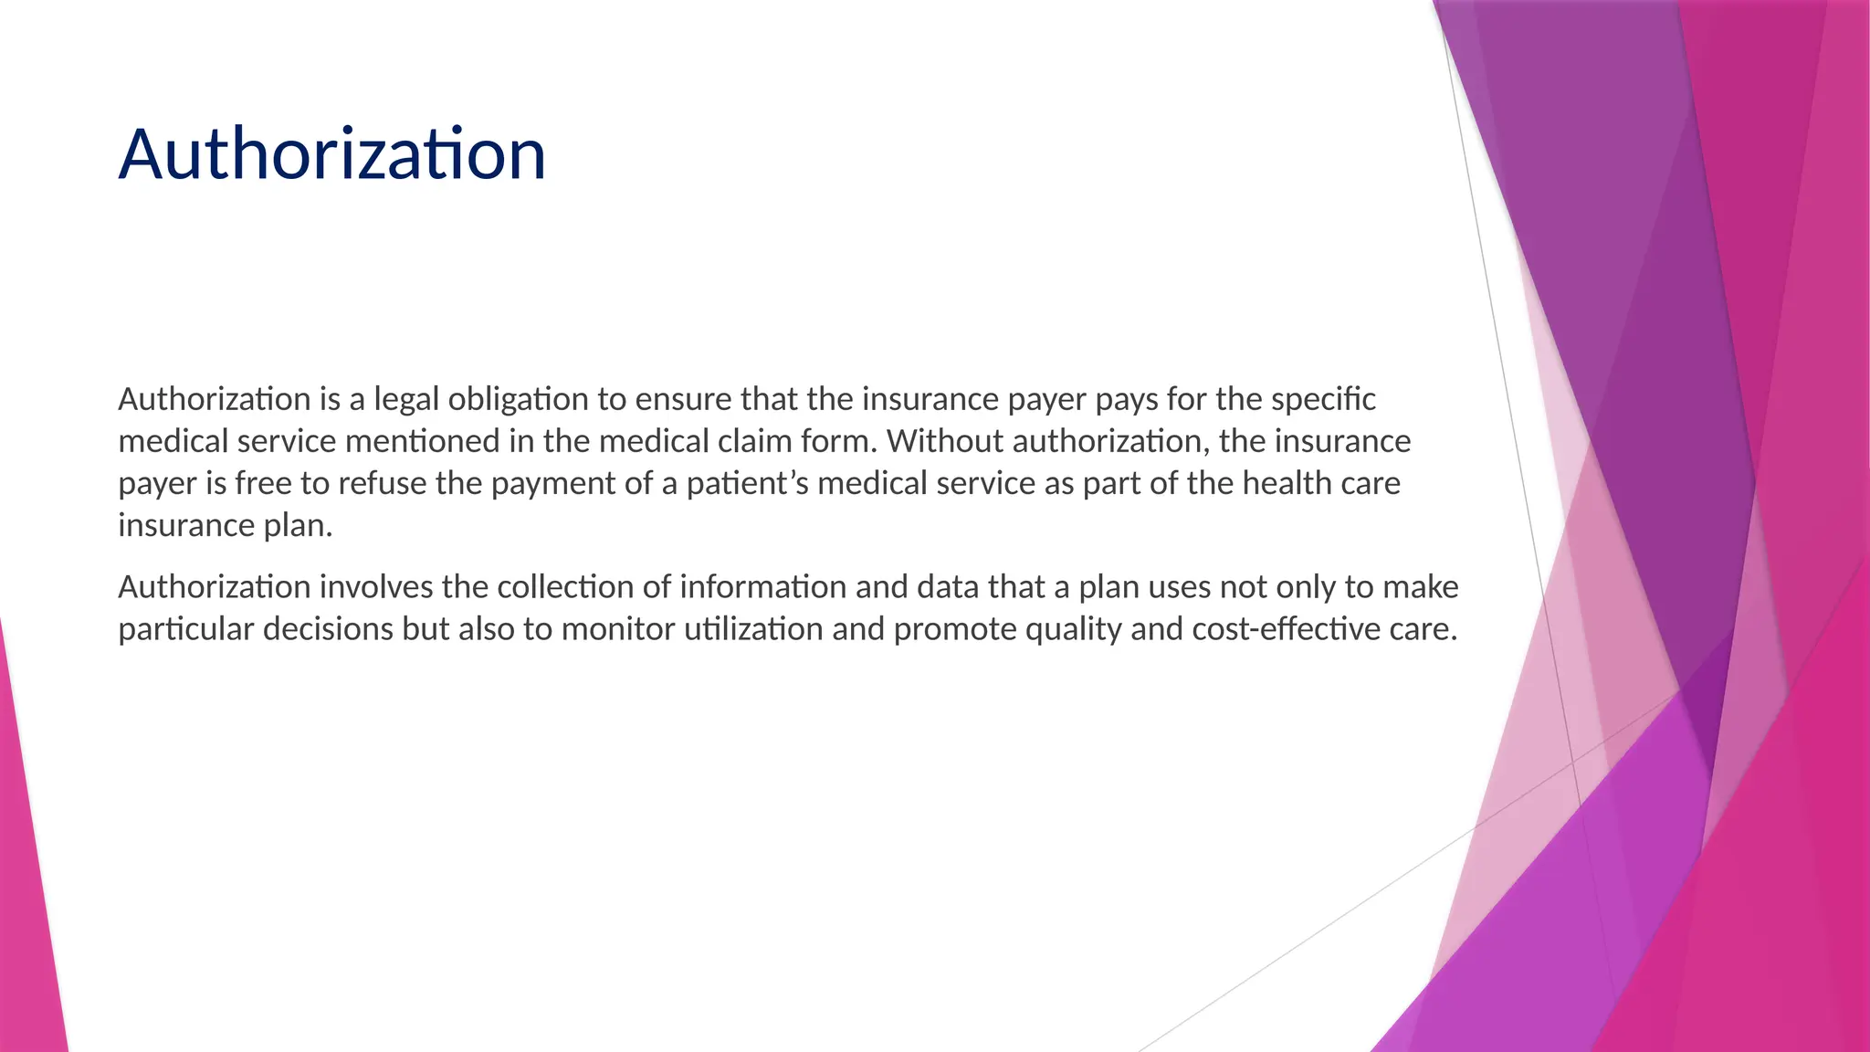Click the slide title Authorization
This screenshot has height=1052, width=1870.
coord(332,154)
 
